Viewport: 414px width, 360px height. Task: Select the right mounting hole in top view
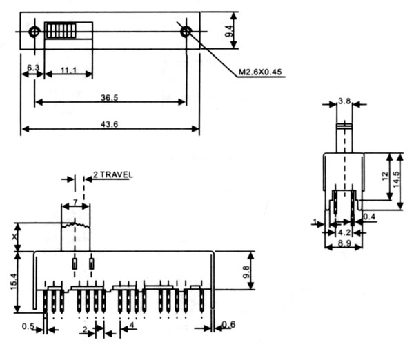[x=185, y=31]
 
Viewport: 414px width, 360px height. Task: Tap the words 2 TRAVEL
[x=111, y=174]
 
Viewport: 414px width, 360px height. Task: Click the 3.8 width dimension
[x=344, y=101]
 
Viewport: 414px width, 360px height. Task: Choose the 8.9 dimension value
[x=342, y=243]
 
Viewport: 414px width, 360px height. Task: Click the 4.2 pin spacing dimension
[x=342, y=232]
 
